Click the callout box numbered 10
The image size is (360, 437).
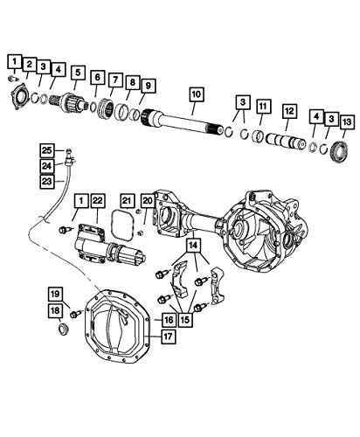click(x=197, y=94)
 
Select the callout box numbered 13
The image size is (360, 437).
click(x=347, y=122)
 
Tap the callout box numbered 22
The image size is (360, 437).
click(x=98, y=200)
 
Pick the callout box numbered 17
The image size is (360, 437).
click(x=168, y=336)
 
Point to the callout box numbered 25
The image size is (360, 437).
click(x=47, y=150)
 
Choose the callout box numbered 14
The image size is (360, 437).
click(x=193, y=246)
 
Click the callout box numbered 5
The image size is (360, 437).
click(x=78, y=73)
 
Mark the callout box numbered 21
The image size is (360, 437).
click(x=127, y=200)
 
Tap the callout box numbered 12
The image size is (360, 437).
click(x=289, y=111)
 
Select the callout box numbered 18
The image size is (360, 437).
click(x=55, y=311)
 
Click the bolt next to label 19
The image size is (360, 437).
click(x=76, y=314)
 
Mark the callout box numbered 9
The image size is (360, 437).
click(x=148, y=86)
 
